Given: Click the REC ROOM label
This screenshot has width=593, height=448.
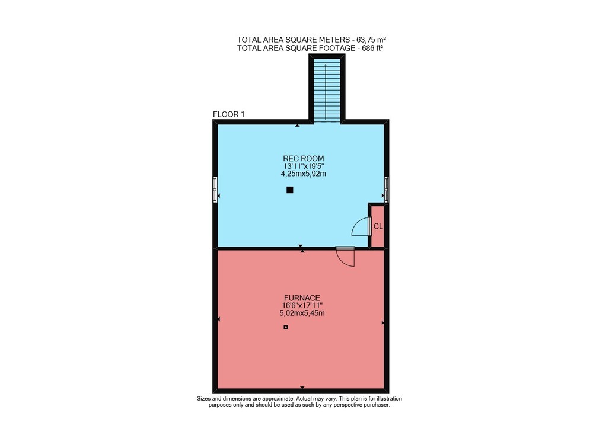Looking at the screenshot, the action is [303, 158].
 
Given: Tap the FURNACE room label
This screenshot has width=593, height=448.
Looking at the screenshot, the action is [302, 298].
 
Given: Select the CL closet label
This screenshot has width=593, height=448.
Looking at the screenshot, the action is [378, 226].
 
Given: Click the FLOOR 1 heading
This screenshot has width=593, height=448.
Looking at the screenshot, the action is [229, 114].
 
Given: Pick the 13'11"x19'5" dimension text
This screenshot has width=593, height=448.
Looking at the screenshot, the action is [304, 167].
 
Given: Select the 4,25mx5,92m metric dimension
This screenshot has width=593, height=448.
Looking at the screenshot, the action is [303, 174].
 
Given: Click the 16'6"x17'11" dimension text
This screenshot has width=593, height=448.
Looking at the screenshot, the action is [302, 305].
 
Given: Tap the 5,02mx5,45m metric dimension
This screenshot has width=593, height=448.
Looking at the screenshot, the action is [302, 313].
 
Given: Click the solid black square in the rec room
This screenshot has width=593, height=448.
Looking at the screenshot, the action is [290, 190].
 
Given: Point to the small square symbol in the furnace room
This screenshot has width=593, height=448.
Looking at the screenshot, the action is [286, 327].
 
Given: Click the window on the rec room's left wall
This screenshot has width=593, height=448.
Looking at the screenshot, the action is [215, 190].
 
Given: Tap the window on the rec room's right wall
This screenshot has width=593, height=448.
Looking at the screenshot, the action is [387, 190].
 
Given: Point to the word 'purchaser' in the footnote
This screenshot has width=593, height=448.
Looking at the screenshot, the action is [377, 405].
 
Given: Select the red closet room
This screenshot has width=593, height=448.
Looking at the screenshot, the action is [377, 226].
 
